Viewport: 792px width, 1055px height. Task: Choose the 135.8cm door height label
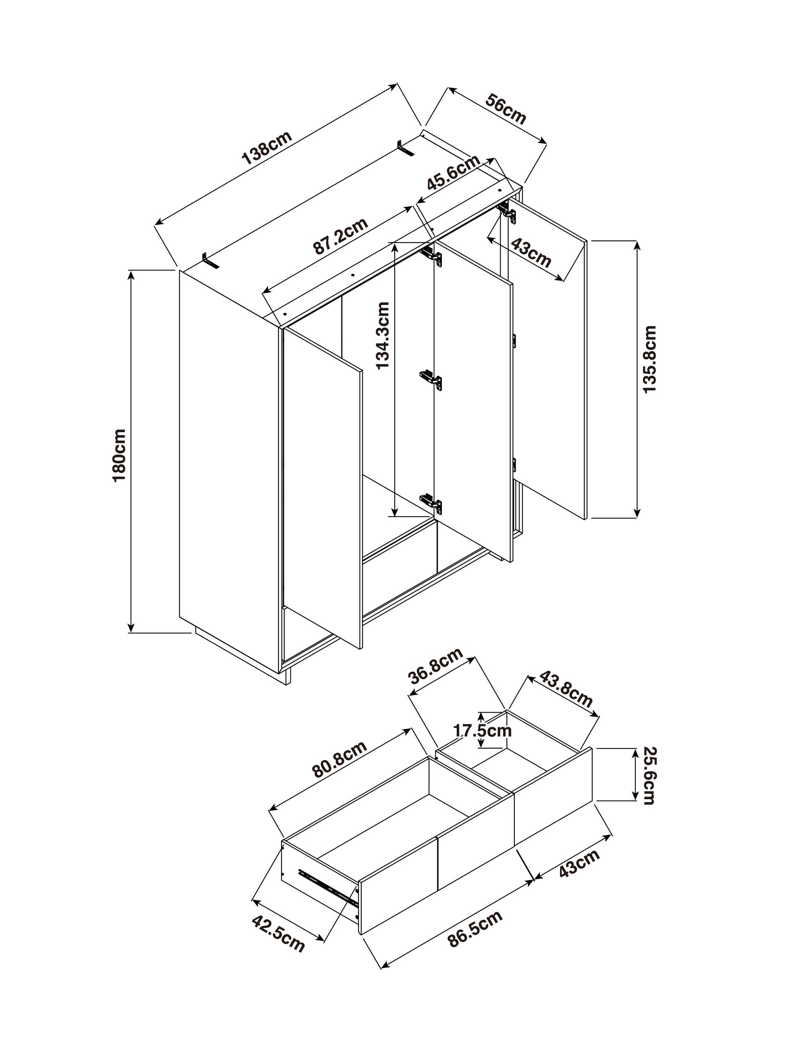tap(650, 359)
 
